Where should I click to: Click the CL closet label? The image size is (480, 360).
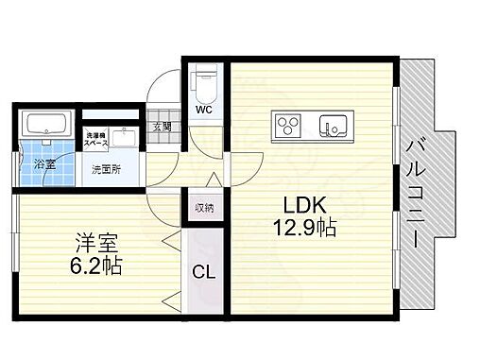click(202, 272)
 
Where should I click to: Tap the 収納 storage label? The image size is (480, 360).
click(204, 207)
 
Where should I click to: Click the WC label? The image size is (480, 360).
click(203, 109)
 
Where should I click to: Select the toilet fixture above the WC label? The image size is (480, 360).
click(203, 82)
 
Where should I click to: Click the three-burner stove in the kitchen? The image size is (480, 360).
click(287, 124)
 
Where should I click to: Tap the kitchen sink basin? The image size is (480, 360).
click(333, 124)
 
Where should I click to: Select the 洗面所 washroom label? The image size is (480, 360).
click(105, 171)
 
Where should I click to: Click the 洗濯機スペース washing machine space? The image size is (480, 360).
click(96, 138)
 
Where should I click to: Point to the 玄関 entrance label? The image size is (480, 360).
click(161, 126)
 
